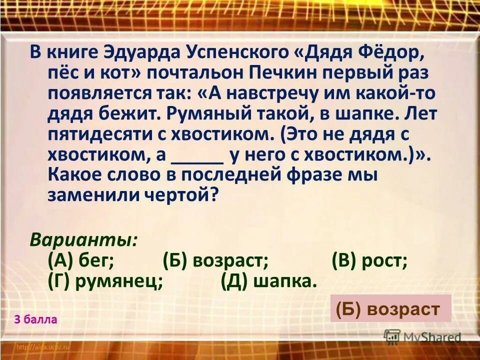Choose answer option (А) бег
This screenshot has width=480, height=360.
(81, 260)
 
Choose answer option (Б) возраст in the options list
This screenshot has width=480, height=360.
(216, 260)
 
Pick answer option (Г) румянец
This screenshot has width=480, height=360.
(106, 281)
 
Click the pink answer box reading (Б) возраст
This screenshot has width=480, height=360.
(390, 308)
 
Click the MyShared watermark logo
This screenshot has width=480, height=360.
(422, 337)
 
